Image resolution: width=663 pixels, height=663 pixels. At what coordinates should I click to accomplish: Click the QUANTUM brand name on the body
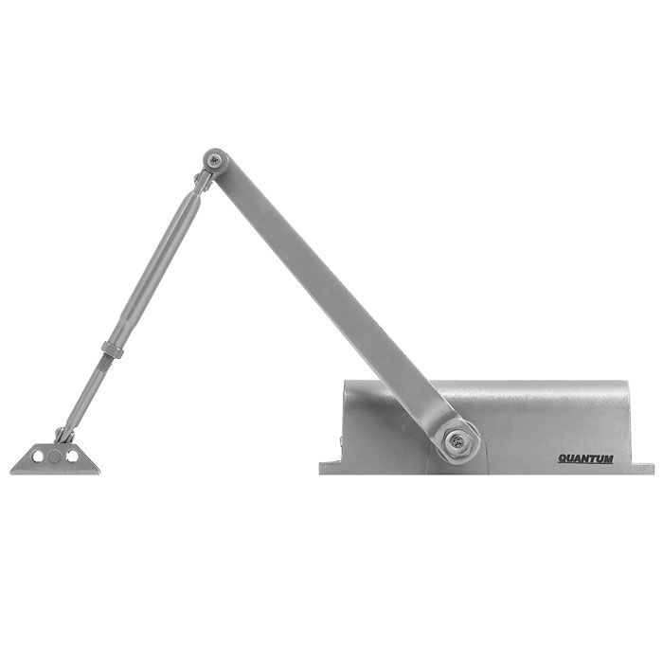pyautogui.click(x=584, y=459)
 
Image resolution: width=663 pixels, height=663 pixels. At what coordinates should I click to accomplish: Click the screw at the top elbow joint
pyautogui.click(x=217, y=160)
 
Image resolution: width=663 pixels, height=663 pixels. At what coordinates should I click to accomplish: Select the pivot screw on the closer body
pyautogui.click(x=457, y=439)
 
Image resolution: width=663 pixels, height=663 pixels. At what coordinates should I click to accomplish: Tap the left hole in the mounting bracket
pyautogui.click(x=39, y=457)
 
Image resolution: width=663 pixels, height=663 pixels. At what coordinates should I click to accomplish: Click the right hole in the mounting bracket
pyautogui.click(x=73, y=457)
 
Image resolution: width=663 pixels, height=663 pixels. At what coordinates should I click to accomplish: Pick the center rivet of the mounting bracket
pyautogui.click(x=56, y=457)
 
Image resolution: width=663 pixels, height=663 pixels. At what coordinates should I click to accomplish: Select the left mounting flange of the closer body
pyautogui.click(x=328, y=467)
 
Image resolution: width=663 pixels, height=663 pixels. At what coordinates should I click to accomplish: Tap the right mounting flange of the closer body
pyautogui.click(x=642, y=467)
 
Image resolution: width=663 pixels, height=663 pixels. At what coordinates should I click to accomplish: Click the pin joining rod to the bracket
pyautogui.click(x=63, y=435)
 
